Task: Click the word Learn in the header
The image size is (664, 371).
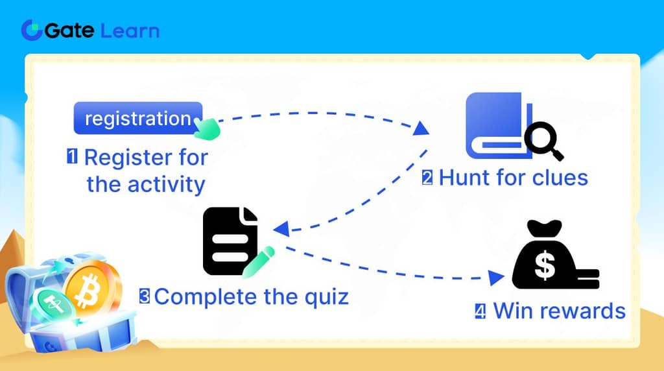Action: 130,30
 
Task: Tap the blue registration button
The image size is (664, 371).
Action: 138,118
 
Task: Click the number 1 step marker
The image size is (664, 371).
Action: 73,156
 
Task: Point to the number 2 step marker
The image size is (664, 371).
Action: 427,177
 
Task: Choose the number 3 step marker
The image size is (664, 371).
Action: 145,296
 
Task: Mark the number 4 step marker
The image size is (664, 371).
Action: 480,311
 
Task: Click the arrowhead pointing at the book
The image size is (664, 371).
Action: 422,129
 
